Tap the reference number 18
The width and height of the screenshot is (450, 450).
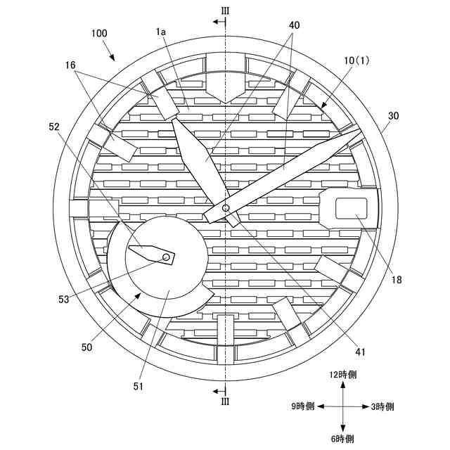coord(397,279)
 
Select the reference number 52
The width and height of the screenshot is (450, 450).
coord(55,127)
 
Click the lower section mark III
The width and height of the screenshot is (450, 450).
coord(225,401)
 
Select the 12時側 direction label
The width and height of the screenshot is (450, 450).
coord(342,375)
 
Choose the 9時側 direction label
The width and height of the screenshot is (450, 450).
coord(307,407)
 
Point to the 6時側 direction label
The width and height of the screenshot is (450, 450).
coord(342,439)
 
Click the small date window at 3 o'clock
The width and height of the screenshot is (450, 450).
coord(351,207)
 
